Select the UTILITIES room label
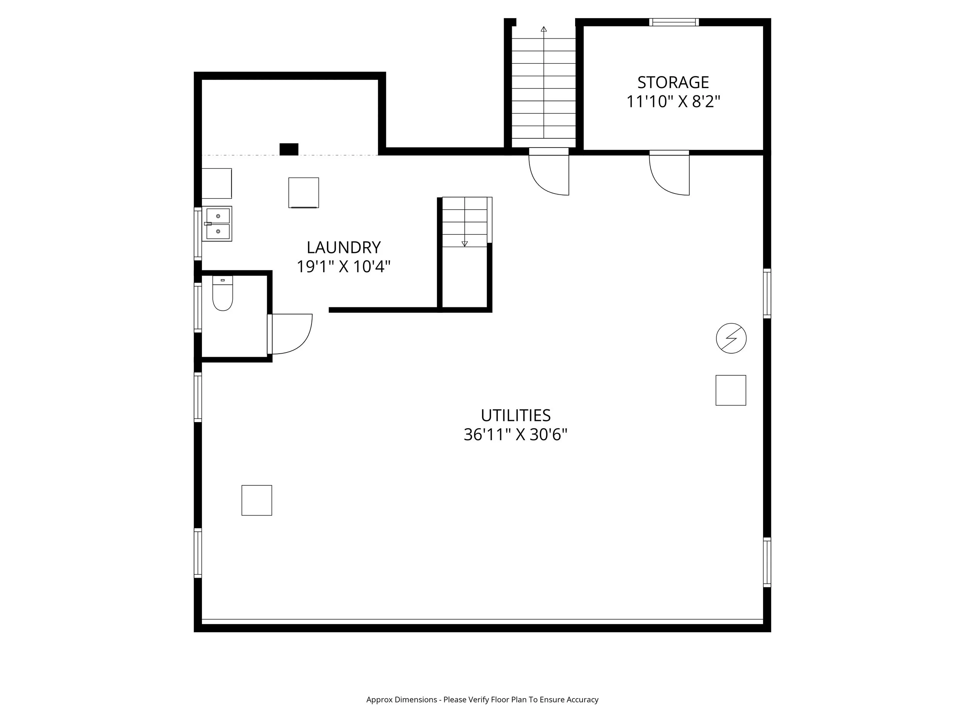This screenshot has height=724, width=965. click(x=516, y=415)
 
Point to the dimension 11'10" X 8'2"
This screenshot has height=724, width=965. click(x=673, y=102)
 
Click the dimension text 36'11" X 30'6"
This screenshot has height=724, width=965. click(x=515, y=435)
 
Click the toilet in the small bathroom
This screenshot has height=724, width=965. click(x=222, y=293)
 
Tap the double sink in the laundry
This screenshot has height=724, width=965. click(x=217, y=224)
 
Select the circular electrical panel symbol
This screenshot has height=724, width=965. click(x=731, y=338)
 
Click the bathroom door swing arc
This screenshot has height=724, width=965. click(x=301, y=343)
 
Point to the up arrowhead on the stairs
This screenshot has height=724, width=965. click(x=543, y=29)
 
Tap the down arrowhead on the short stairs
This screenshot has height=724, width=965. click(x=465, y=244)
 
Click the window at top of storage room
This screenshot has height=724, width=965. click(x=674, y=22)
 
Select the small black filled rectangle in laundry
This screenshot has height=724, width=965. click(x=289, y=149)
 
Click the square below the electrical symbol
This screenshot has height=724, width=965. click(x=731, y=390)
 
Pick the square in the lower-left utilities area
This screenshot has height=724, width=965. click(x=257, y=500)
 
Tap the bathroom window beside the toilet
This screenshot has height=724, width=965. click(x=198, y=308)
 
